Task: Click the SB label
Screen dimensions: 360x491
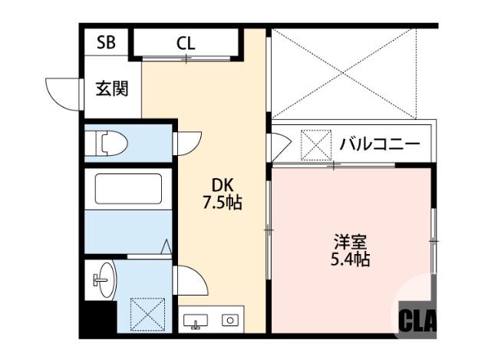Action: click(106, 42)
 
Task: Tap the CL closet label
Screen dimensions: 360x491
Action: click(186, 43)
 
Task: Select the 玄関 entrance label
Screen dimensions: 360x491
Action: click(111, 88)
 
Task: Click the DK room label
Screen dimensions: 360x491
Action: click(222, 186)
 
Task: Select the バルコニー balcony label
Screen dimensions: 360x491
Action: click(379, 144)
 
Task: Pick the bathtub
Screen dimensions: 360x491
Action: click(127, 188)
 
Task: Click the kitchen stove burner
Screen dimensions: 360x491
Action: click(229, 320)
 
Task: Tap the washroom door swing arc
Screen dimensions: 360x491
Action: click(190, 279)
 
